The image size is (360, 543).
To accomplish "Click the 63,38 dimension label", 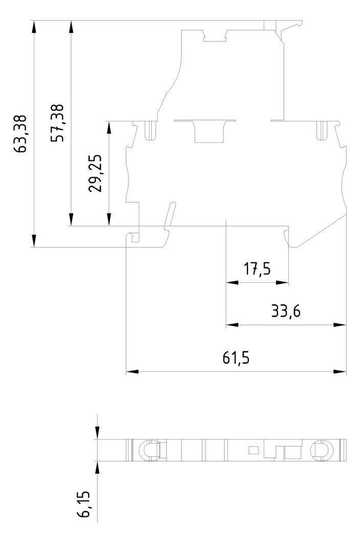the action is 20,134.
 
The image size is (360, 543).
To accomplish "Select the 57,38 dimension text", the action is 57,123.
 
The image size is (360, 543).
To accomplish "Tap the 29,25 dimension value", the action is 95,173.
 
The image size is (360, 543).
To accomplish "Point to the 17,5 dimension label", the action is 257,269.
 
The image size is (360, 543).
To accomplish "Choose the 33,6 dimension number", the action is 286,311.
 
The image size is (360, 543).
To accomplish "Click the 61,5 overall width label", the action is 236,358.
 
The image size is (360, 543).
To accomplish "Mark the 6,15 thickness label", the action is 83,504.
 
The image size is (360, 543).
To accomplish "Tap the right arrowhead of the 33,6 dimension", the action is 340,325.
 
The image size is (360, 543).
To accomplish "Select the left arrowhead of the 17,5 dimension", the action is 232,283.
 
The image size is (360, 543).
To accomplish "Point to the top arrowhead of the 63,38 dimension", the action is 34,27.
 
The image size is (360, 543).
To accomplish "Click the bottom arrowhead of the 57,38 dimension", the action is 71,220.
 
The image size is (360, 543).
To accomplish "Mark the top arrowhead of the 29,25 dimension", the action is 109,128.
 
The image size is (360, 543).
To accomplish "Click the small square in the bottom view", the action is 253,450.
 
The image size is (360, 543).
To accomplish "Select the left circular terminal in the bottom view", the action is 149,450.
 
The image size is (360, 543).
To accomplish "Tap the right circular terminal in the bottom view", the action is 322,450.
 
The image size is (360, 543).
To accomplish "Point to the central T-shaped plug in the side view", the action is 205,131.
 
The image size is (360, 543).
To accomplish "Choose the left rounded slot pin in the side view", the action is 150,131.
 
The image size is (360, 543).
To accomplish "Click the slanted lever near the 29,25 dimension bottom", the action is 169,215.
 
